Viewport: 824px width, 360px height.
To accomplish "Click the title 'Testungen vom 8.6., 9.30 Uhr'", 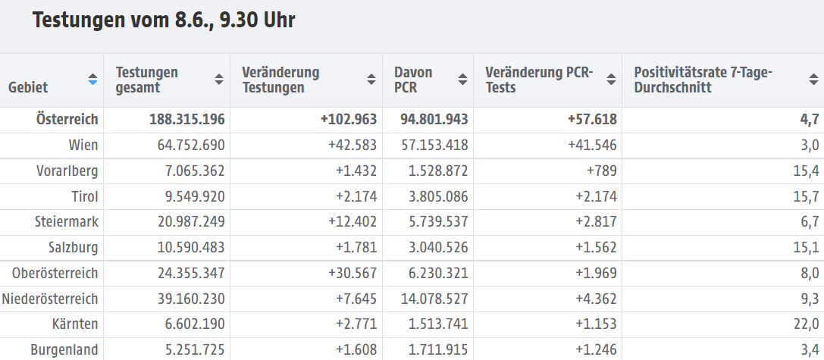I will pyautogui.click(x=164, y=20).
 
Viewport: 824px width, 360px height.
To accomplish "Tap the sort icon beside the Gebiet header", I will pyautogui.click(x=92, y=80).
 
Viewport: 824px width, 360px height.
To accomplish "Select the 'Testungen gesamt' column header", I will pyautogui.click(x=147, y=80).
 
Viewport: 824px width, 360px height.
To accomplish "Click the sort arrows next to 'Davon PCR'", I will pyautogui.click(x=462, y=80).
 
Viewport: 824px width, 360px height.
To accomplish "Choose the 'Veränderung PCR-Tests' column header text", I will pyautogui.click(x=539, y=80).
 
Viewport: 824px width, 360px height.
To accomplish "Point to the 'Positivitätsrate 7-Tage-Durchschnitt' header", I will pyautogui.click(x=702, y=80).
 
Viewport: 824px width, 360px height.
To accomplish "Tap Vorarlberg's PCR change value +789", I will pyautogui.click(x=601, y=171).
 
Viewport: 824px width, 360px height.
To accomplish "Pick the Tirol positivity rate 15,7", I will pyautogui.click(x=806, y=196).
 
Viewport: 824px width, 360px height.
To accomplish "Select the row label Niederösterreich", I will pyautogui.click(x=51, y=299).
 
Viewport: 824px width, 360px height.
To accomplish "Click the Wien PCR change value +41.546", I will pyautogui.click(x=589, y=145).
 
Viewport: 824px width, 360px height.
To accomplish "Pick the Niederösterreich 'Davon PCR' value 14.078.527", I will pyautogui.click(x=428, y=299).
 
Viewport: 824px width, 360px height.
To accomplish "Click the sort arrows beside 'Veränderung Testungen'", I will pyautogui.click(x=371, y=80).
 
